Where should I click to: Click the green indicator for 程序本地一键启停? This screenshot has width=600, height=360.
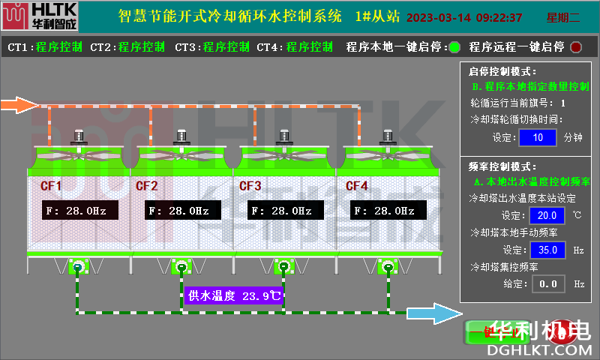point(454,47)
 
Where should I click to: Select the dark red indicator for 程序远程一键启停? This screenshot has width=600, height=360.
point(576,47)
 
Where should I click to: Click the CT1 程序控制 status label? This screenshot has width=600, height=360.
point(46,47)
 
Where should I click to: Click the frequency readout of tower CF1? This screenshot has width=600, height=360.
point(74,211)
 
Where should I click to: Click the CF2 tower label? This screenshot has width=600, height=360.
point(146,185)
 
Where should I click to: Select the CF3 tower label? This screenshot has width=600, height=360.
point(250,185)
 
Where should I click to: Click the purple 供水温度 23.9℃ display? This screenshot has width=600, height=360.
point(234,295)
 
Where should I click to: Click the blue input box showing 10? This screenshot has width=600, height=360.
point(537,137)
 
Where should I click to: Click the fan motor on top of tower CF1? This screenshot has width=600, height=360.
point(78,136)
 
